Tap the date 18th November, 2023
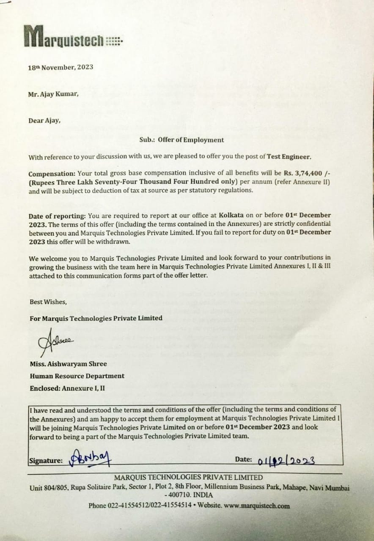point(60,67)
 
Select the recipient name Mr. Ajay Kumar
point(53,94)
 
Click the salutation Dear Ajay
point(44,120)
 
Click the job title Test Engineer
point(289,157)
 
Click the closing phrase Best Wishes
point(48,302)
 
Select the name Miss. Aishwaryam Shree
point(68,364)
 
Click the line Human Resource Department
point(77,376)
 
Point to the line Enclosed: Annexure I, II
point(67,388)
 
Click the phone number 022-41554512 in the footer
point(126,505)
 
